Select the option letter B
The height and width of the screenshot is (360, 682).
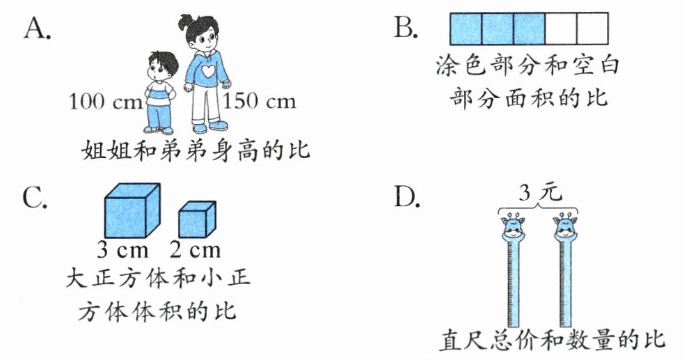tap(405, 29)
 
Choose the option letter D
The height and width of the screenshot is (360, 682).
tap(406, 199)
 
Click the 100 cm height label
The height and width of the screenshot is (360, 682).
tap(104, 102)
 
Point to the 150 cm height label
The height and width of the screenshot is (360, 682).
tap(260, 102)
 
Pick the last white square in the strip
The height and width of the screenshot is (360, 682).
tap(593, 29)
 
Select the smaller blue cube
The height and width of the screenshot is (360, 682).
tap(196, 221)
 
